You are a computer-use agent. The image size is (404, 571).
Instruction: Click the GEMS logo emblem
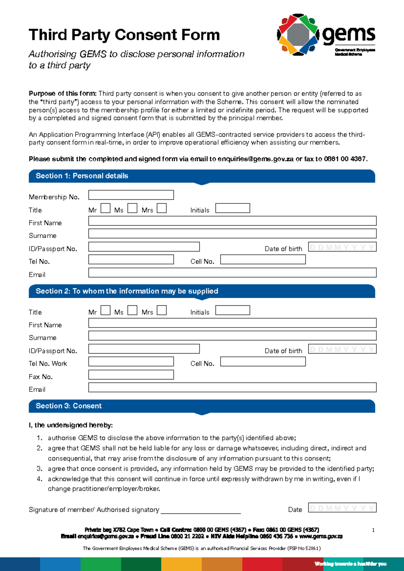click(x=298, y=34)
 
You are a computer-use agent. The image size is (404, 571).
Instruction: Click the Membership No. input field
click(x=131, y=195)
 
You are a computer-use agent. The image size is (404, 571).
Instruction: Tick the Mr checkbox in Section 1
click(x=105, y=208)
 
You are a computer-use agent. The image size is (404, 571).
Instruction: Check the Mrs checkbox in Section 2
click(x=162, y=310)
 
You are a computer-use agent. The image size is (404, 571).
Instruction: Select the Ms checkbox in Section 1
click(x=132, y=208)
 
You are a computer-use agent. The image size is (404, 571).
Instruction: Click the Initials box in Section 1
click(x=233, y=208)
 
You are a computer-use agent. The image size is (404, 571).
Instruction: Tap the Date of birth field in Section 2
click(x=342, y=349)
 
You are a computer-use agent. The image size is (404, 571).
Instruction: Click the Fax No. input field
click(x=131, y=375)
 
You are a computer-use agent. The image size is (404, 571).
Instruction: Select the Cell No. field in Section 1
click(x=263, y=259)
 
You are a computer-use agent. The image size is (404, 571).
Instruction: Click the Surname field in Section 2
click(x=232, y=336)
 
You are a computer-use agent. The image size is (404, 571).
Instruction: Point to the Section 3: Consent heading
click(x=69, y=406)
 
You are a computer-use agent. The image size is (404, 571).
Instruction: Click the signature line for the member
click(x=201, y=510)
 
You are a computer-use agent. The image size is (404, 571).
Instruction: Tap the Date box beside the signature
click(x=342, y=508)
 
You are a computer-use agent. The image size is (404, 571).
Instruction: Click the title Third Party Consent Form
click(x=124, y=35)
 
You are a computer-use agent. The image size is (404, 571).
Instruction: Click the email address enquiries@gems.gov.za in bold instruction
click(x=256, y=159)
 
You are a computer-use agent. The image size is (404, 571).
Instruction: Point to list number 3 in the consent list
click(x=39, y=469)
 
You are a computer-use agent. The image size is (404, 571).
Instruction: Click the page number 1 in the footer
click(x=373, y=530)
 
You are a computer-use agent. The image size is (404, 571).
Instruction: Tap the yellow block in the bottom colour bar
click(x=181, y=564)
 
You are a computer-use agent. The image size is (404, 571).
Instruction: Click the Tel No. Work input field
click(x=131, y=362)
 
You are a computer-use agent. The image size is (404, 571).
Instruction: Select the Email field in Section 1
click(x=232, y=273)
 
